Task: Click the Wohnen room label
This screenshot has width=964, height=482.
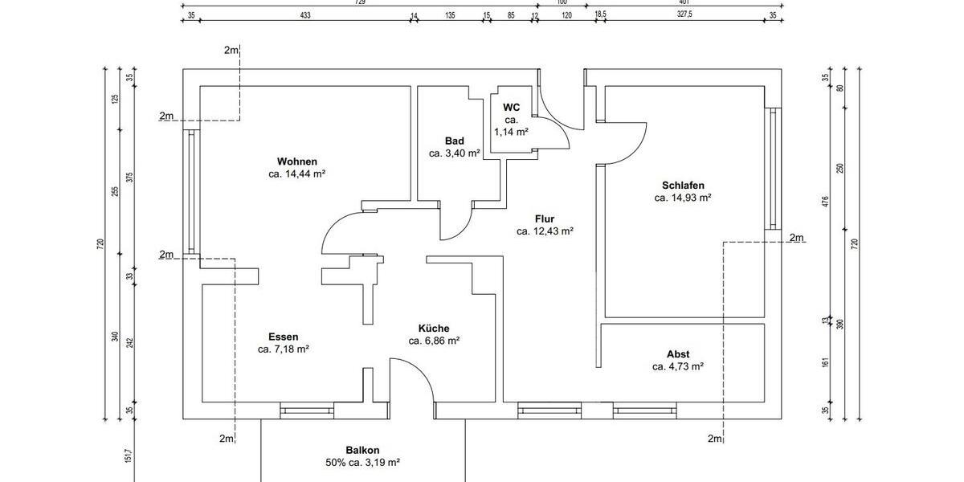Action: (x=297, y=161)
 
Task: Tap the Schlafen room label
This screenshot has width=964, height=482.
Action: (x=684, y=185)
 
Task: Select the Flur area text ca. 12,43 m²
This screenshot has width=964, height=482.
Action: (x=545, y=231)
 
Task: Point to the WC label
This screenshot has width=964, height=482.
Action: (x=512, y=107)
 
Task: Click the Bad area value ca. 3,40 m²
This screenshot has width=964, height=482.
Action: (x=455, y=153)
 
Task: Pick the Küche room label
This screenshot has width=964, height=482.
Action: (x=434, y=328)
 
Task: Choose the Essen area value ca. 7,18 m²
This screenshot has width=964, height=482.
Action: (x=284, y=349)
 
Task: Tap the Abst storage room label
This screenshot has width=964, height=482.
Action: (x=678, y=354)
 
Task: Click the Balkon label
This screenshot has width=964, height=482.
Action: (x=362, y=451)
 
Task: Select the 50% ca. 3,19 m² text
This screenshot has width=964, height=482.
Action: (x=362, y=463)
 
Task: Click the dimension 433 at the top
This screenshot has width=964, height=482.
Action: (x=305, y=15)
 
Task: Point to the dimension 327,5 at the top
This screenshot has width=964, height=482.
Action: (x=684, y=15)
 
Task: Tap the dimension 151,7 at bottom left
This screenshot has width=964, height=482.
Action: (x=127, y=455)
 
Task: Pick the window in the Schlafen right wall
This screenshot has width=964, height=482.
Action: (x=773, y=169)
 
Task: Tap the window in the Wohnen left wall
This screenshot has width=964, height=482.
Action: (x=191, y=193)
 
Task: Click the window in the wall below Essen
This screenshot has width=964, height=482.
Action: (x=306, y=411)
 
